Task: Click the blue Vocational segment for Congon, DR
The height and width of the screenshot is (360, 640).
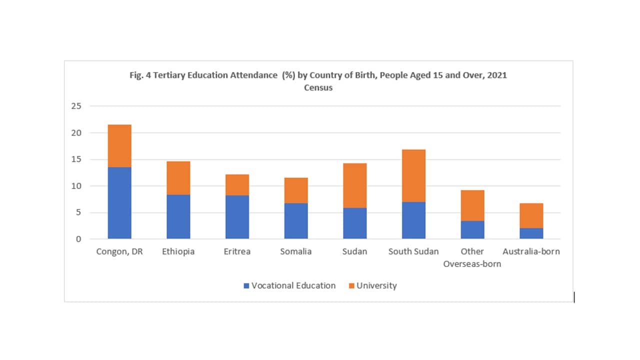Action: click(x=119, y=203)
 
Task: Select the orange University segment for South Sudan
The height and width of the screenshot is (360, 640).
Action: click(x=413, y=175)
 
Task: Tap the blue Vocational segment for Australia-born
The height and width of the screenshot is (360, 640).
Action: click(x=531, y=233)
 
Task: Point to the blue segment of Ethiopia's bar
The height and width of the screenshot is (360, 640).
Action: click(x=178, y=216)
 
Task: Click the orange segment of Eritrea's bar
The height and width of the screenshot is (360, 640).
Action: click(x=237, y=184)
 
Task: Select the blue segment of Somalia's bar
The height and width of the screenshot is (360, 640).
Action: click(x=296, y=221)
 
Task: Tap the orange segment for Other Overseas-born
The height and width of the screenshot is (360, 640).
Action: click(x=472, y=205)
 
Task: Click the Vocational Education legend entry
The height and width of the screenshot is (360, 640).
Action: click(x=289, y=285)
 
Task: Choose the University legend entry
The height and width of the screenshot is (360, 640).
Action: click(x=372, y=285)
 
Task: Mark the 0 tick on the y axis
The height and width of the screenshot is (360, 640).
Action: click(x=78, y=239)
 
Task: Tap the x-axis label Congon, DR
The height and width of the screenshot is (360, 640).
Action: click(x=119, y=251)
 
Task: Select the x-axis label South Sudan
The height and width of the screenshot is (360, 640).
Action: click(x=413, y=251)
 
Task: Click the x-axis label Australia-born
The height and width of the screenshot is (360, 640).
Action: click(x=531, y=251)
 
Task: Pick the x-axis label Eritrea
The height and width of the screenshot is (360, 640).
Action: click(x=237, y=251)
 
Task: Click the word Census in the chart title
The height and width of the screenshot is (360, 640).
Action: click(x=318, y=87)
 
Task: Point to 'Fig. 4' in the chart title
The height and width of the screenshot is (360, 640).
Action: click(x=139, y=75)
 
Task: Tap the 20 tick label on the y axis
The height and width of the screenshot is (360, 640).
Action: click(x=76, y=133)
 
